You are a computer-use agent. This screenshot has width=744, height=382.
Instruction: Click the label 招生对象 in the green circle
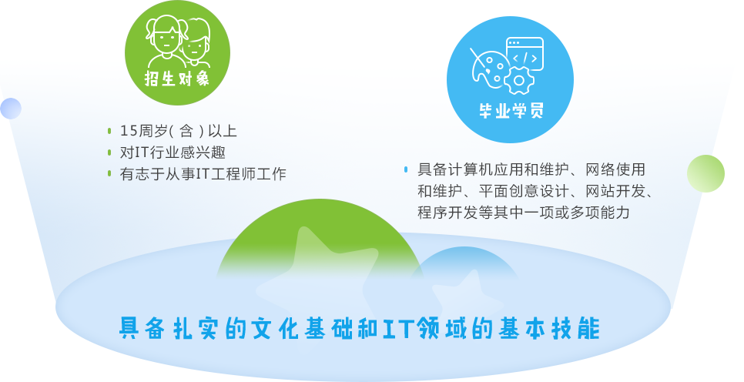point(177,79)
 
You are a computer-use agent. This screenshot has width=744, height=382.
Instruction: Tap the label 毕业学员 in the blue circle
point(511,111)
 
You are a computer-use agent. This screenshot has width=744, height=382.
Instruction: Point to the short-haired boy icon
point(196,45)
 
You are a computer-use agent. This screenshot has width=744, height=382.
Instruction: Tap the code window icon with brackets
point(524,53)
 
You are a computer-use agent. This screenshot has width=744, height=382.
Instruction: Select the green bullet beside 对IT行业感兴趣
point(109,152)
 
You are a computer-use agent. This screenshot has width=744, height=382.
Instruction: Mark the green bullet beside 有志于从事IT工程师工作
point(109,174)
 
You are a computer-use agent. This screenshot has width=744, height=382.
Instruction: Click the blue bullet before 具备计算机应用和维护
point(406,169)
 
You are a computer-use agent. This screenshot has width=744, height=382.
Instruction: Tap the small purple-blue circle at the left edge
point(11,109)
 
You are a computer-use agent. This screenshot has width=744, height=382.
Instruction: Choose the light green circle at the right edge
point(705,174)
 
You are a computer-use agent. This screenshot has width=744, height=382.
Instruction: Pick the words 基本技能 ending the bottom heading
point(549,328)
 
